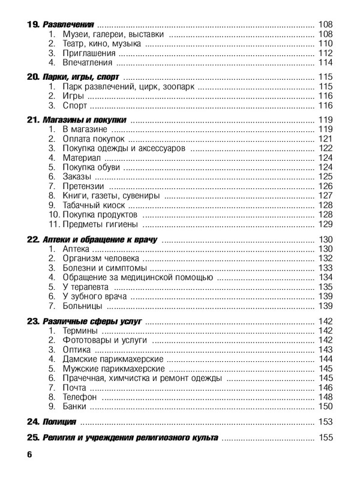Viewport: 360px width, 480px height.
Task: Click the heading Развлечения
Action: coord(69,24)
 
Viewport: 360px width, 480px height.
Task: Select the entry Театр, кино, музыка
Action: coord(103,44)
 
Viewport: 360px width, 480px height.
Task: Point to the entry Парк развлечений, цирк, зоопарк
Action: coord(128,87)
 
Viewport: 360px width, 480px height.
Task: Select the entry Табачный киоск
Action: coord(96,205)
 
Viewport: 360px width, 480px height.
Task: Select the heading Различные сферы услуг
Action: coord(92,322)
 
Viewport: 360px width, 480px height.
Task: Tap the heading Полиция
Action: coord(59,421)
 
